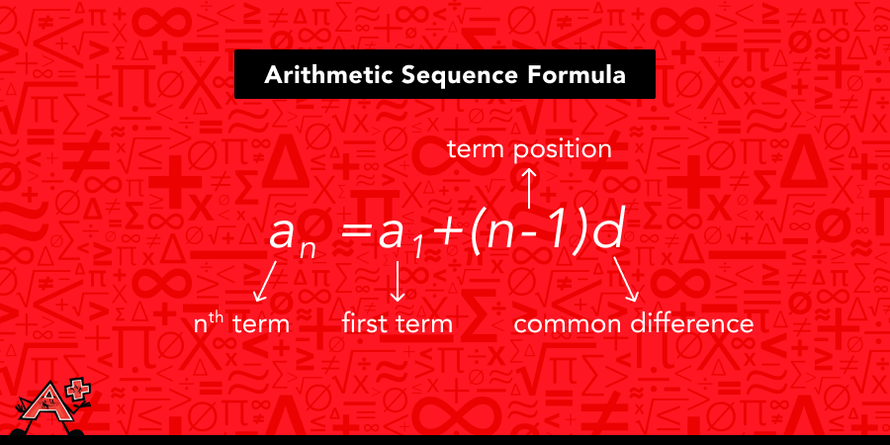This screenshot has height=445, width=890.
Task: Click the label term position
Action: coord(529,149)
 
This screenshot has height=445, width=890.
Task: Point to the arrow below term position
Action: coord(530,188)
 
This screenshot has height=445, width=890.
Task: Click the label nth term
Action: coord(241,323)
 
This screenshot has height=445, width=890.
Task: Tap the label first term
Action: coord(398,323)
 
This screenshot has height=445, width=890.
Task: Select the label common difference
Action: coord(634,323)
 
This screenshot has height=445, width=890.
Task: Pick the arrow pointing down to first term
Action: coord(399,283)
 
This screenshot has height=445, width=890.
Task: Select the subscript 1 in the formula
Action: coord(418,250)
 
